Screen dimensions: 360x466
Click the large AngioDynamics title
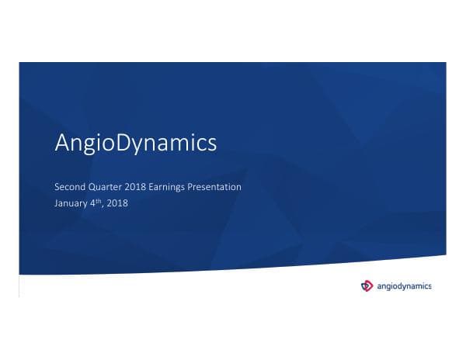click(135, 144)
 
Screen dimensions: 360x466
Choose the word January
click(72, 204)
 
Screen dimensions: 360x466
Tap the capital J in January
click(56, 204)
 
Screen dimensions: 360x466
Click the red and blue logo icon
click(367, 286)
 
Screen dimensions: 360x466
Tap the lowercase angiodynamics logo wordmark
click(404, 286)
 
